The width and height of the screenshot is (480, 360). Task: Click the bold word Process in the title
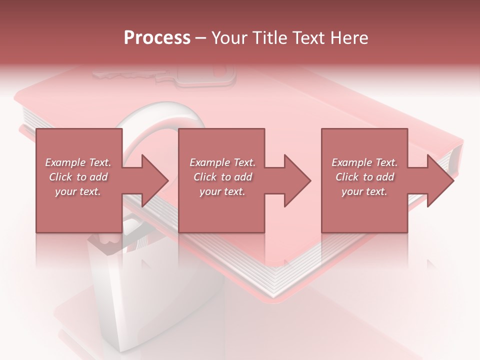157,38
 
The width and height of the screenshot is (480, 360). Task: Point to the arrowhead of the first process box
155,181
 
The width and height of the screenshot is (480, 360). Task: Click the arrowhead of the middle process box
298,181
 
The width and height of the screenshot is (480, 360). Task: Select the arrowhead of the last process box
441,181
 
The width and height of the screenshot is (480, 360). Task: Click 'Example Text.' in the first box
78,162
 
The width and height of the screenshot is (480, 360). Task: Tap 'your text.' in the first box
78,191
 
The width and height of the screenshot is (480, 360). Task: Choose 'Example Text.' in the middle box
222,162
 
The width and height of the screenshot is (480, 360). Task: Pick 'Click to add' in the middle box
222,177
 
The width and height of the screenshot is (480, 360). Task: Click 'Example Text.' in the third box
364,162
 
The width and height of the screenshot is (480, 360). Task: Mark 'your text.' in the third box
364,191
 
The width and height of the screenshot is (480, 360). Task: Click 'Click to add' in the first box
78,177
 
